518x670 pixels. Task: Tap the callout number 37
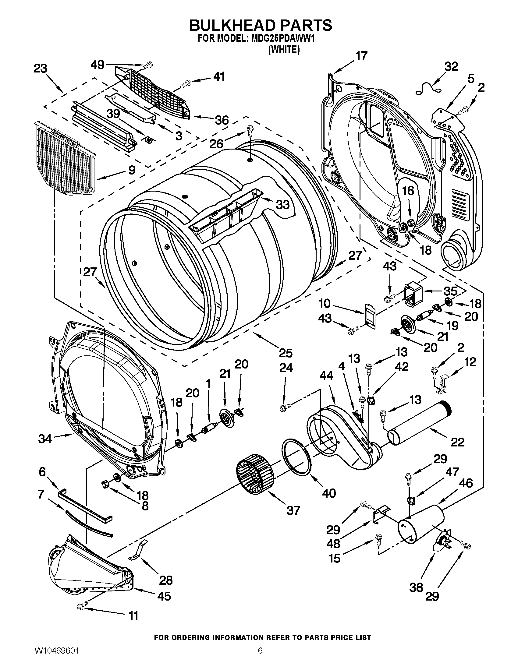pos(293,510)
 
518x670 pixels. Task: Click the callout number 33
pos(283,205)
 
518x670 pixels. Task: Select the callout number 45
pos(164,596)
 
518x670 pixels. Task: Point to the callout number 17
pos(361,56)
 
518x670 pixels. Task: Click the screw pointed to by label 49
pos(148,65)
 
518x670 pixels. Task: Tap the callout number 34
pos(45,439)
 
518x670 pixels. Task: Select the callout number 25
pos(286,353)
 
